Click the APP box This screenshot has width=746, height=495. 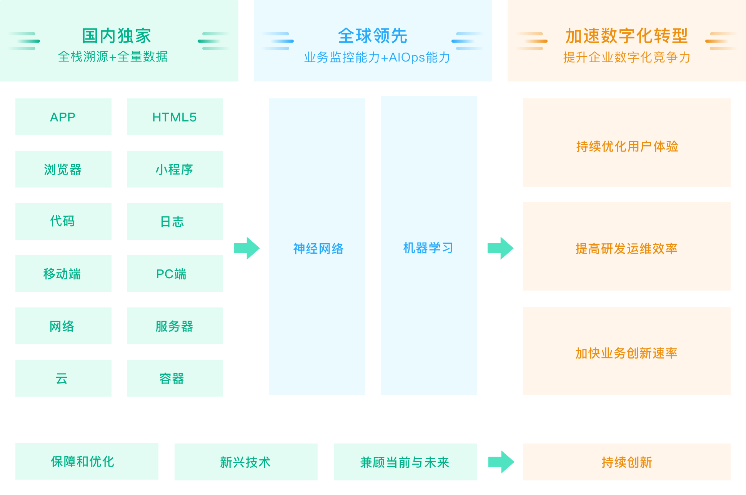point(63,117)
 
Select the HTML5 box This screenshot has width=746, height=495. point(175,117)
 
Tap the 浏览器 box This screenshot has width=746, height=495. point(63,169)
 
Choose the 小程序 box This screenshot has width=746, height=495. point(175,169)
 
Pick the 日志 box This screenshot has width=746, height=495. point(175,221)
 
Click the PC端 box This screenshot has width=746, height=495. point(175,274)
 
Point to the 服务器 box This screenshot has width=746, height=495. point(175,326)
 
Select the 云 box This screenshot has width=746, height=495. point(63,378)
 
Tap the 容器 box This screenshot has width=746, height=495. point(175,378)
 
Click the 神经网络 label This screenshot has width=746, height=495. point(318,249)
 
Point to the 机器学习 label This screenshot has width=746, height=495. point(428,248)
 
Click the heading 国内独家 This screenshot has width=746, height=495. point(117,36)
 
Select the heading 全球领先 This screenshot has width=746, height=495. point(373,36)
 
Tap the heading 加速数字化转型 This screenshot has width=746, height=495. point(626,36)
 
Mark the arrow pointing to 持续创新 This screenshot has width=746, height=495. point(501,462)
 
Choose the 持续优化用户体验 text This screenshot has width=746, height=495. point(627,146)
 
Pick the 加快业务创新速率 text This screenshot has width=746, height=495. point(626,353)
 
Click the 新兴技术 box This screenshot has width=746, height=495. point(246,462)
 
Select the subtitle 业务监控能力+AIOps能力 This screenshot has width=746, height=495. point(377,57)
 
